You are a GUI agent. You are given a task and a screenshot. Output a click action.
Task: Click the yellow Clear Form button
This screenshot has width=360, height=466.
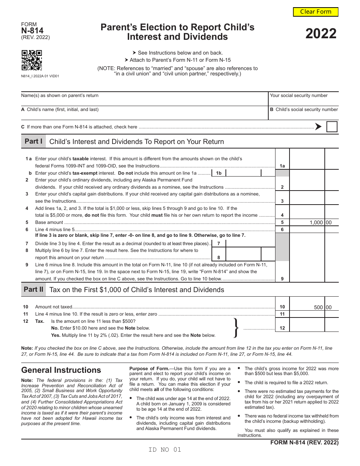click(x=316, y=12)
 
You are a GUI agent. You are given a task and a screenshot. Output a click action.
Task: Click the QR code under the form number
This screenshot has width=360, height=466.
click(x=31, y=60)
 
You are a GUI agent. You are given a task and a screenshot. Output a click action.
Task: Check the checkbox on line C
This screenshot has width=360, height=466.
click(x=332, y=127)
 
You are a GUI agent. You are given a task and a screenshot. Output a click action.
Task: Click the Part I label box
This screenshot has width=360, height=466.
click(x=33, y=141)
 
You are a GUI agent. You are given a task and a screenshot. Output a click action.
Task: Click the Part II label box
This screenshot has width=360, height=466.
click(x=33, y=290)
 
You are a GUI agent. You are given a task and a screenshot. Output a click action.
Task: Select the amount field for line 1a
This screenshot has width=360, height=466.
click(x=307, y=166)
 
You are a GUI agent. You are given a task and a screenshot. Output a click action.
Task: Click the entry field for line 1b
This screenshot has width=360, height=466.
click(x=243, y=173)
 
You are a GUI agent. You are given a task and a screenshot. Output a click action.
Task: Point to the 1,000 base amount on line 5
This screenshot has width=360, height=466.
click(x=316, y=222)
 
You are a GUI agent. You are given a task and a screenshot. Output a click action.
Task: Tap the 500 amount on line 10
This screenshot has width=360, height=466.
click(x=318, y=307)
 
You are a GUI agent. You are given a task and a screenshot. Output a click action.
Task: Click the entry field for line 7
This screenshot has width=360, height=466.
click(x=243, y=243)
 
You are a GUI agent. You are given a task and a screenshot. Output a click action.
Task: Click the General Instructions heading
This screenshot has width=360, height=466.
click(x=61, y=370)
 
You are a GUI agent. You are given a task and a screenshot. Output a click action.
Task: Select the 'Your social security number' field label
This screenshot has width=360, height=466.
click(x=299, y=95)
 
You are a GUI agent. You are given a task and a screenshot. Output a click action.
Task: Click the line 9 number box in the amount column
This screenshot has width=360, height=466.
click(x=282, y=279)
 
